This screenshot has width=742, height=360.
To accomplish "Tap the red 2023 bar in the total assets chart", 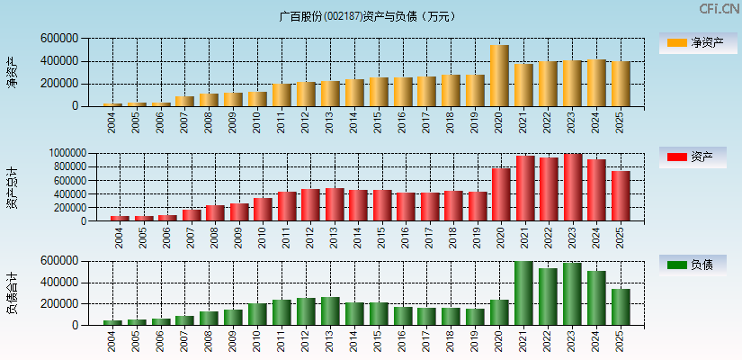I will pyautogui.click(x=573, y=187).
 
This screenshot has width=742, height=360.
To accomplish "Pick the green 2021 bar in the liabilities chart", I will pyautogui.click(x=523, y=293).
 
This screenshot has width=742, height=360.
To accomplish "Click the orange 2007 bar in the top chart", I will pyautogui.click(x=184, y=101).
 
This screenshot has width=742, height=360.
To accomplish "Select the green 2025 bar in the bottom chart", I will pyautogui.click(x=621, y=307).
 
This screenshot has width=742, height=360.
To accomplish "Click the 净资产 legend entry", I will pyautogui.click(x=693, y=42).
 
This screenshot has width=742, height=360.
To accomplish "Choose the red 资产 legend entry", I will pyautogui.click(x=693, y=157).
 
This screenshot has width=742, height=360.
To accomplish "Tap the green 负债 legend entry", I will pyautogui.click(x=693, y=265).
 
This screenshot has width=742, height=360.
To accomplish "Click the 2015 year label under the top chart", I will pyautogui.click(x=378, y=121).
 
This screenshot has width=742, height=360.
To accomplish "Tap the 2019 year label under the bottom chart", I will pyautogui.click(x=474, y=341).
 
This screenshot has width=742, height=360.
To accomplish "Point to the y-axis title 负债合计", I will pyautogui.click(x=13, y=293).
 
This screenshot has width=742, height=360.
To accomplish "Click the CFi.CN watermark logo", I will pyautogui.click(x=720, y=9).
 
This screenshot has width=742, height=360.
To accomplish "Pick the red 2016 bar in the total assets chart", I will pyautogui.click(x=406, y=206).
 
